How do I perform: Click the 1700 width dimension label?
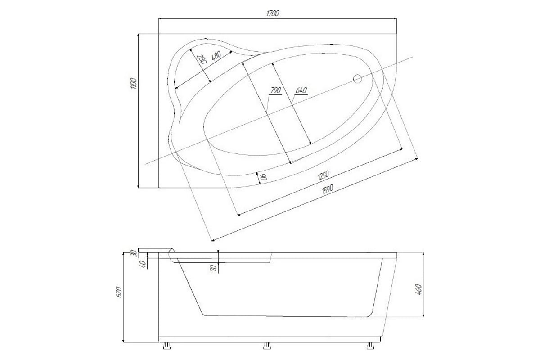[x=273, y=13]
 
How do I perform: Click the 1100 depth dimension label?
[x=134, y=83]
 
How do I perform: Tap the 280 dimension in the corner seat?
[x=202, y=59]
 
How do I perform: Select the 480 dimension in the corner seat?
[x=216, y=56]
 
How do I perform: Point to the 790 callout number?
[x=276, y=90]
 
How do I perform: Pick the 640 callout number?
[x=301, y=90]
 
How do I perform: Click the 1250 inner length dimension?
[x=323, y=175]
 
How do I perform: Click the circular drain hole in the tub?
[x=357, y=79]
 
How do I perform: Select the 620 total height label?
[x=119, y=292]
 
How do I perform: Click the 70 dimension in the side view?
[x=214, y=268]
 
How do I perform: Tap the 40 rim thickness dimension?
[x=143, y=265]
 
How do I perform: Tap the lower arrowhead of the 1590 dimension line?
[x=212, y=240]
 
